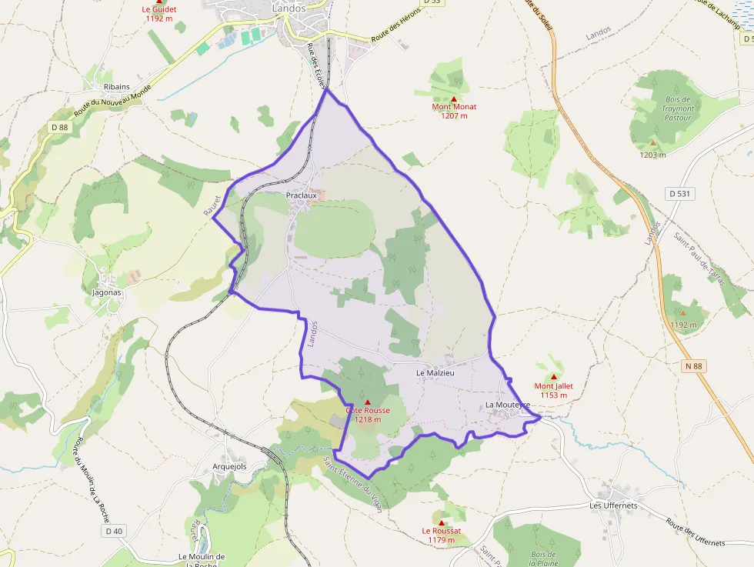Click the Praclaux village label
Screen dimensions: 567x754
coord(302,195)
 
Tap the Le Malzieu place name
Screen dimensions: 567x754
coord(435,373)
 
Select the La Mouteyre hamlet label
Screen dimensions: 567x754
coord(507,405)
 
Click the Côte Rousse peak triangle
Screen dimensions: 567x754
coord(368,402)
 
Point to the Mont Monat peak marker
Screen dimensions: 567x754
coord(454,99)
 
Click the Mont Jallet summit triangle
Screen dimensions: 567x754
coord(554,377)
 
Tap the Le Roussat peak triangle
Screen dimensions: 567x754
coord(442,522)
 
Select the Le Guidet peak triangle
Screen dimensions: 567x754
coord(159,2)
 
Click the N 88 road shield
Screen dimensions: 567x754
coord(692,367)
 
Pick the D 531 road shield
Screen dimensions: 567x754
coord(679,194)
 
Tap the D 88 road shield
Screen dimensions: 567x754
coord(60,127)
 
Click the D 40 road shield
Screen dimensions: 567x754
coord(115,531)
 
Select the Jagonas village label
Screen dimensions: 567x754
coord(107,293)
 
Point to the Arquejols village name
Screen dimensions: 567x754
coord(229,466)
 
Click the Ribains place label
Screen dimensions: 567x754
coord(117,87)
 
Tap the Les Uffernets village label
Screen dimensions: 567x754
coord(613,505)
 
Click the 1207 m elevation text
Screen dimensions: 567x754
coord(454,116)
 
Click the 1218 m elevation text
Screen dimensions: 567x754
coord(368,419)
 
